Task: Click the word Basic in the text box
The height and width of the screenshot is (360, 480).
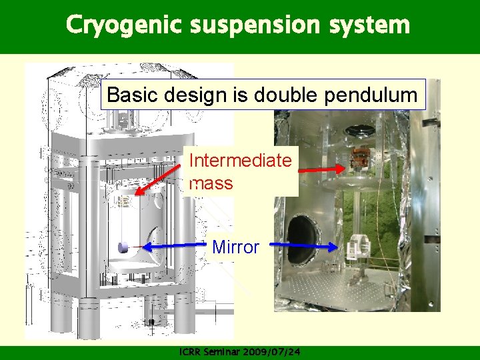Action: tap(127, 95)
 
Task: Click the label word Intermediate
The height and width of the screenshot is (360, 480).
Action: tap(240, 161)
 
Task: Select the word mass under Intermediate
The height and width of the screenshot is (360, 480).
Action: tap(211, 183)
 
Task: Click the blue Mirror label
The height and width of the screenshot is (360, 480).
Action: tap(235, 247)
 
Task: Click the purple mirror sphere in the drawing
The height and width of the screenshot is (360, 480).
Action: tap(123, 247)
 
